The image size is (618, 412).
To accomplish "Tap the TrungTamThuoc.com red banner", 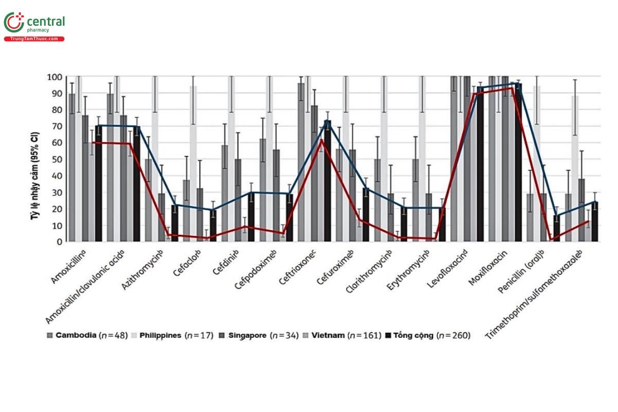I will click(x=34, y=39).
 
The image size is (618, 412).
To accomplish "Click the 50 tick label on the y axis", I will click(x=58, y=160).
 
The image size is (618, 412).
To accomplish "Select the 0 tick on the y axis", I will click(x=60, y=242).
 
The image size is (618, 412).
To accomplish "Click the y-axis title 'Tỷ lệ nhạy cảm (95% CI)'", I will click(x=35, y=160).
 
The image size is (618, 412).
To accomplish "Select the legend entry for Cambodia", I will click(x=75, y=335).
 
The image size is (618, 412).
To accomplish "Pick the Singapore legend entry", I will click(x=242, y=335).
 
